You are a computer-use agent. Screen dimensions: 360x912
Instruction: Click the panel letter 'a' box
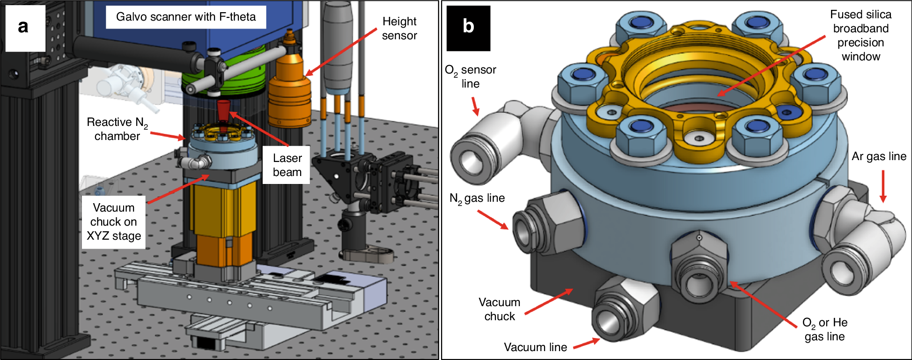(25, 28)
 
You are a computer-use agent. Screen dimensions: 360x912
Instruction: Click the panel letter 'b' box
(468, 28)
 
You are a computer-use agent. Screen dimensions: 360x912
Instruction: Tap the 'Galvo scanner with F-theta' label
(186, 17)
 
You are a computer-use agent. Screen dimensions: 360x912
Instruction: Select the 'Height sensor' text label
(399, 29)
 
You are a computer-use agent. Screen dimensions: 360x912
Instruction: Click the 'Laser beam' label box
(287, 165)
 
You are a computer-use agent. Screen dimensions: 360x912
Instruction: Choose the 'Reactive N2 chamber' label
(117, 129)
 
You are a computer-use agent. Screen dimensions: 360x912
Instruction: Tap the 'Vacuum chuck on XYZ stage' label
(113, 222)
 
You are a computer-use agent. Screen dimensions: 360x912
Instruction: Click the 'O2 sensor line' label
(470, 77)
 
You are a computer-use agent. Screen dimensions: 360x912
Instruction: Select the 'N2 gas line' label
(477, 198)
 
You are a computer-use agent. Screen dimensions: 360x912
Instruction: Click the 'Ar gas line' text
(879, 156)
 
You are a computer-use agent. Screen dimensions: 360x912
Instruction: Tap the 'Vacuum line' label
(535, 347)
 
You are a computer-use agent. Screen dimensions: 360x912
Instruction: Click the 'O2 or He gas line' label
(824, 330)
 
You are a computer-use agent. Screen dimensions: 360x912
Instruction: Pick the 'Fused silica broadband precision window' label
(861, 36)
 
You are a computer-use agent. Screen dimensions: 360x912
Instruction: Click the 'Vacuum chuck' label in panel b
(499, 309)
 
